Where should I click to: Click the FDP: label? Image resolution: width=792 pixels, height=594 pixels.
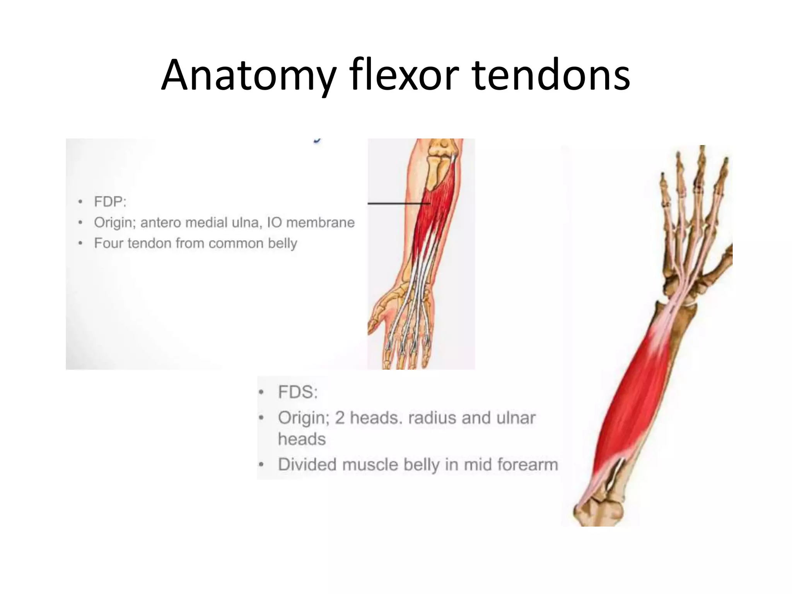tap(110, 201)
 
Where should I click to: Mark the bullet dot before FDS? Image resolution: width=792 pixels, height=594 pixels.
tap(261, 393)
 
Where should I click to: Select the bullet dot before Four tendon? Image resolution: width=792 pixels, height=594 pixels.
tap(80, 243)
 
